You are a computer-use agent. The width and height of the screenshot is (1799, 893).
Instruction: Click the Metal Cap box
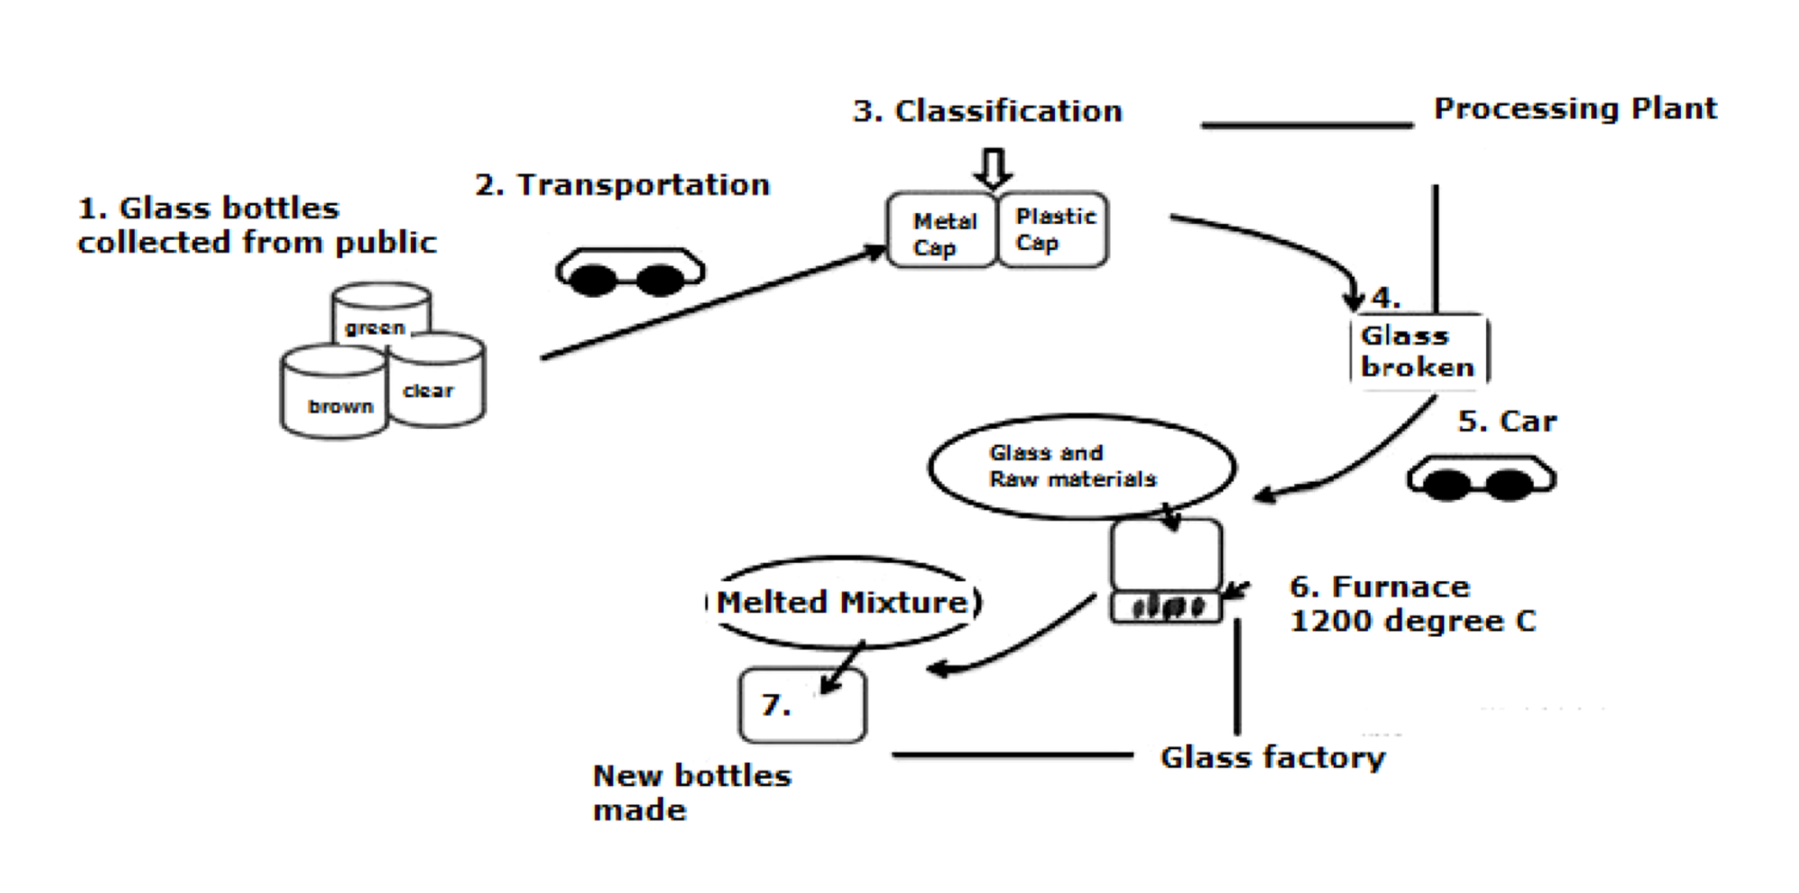click(943, 231)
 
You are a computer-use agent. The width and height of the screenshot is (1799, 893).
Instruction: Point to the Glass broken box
click(1418, 351)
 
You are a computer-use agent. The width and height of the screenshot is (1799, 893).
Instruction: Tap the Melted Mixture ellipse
click(843, 602)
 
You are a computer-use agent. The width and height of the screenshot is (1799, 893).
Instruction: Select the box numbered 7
click(802, 705)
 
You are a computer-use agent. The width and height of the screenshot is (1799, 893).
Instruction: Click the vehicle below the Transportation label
click(630, 272)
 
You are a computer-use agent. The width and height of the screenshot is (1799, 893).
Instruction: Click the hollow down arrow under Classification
click(993, 168)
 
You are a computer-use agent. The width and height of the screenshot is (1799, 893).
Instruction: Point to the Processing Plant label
click(1574, 109)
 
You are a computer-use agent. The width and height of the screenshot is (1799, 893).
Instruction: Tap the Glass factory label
click(1272, 758)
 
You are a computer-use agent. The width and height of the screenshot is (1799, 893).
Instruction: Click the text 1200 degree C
click(1412, 621)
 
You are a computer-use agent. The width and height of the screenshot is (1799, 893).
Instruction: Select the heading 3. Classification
click(988, 112)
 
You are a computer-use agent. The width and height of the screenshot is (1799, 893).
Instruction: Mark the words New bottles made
click(691, 792)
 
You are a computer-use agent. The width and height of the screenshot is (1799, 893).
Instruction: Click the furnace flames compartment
click(1167, 607)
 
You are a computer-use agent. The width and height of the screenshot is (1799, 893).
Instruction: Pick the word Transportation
click(643, 185)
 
